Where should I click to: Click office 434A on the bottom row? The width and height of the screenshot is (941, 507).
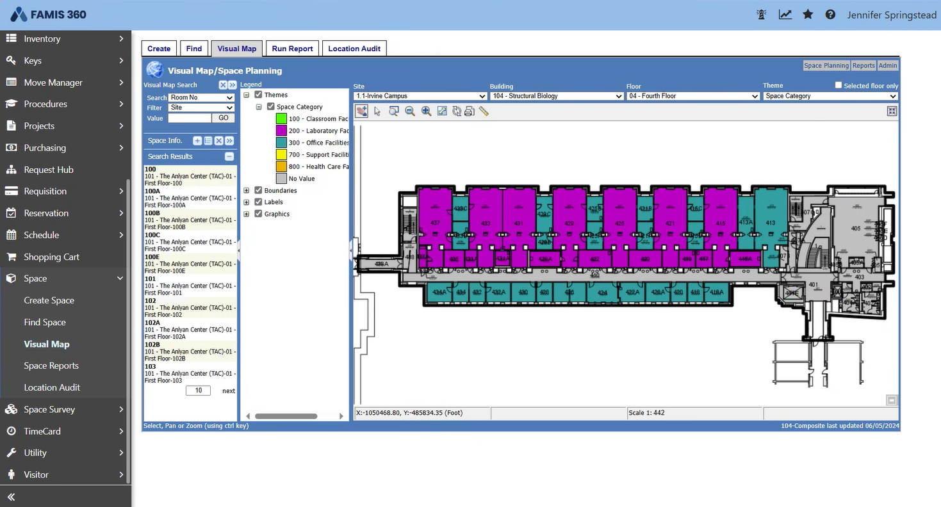[439, 293]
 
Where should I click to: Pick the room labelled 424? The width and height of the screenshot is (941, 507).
[602, 293]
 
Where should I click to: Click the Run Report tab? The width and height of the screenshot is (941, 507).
[292, 49]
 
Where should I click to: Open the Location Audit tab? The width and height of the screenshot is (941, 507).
[354, 49]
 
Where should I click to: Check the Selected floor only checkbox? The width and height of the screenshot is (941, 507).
[839, 85]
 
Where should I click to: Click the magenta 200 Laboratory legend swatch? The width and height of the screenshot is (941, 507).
[281, 131]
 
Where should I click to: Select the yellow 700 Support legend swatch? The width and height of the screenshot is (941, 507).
[281, 154]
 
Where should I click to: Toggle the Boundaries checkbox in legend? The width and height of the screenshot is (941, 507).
[259, 190]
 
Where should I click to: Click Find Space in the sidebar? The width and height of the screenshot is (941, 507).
[45, 322]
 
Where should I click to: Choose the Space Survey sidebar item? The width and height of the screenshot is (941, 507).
[49, 409]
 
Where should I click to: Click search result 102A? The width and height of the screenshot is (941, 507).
[152, 323]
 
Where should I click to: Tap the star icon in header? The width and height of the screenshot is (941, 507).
[808, 14]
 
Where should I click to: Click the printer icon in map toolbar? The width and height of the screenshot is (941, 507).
[469, 111]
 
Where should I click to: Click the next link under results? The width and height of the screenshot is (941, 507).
[229, 390]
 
